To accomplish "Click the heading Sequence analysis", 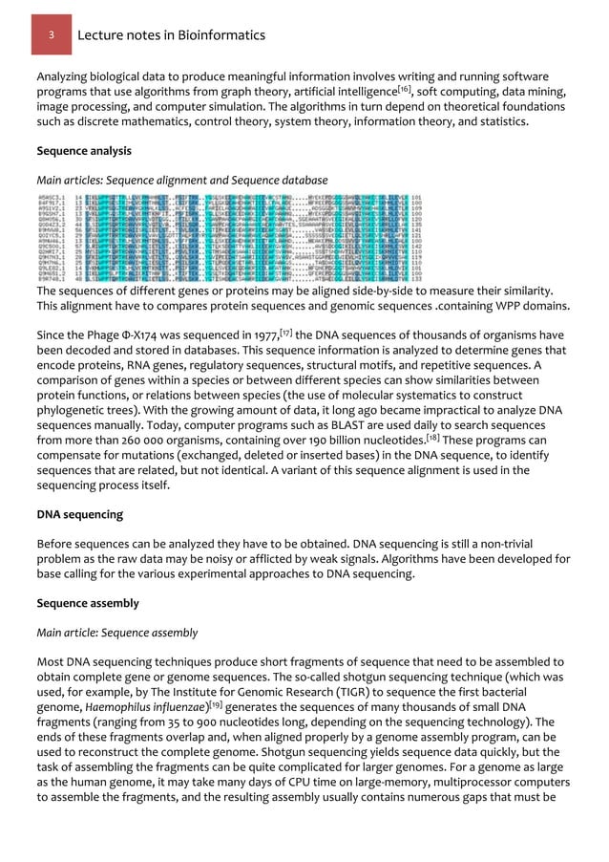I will [83, 151].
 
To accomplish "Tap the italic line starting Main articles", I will [181, 180].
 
